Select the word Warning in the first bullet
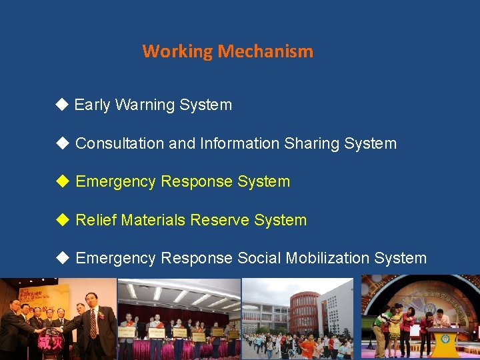click(143, 105)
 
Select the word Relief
click(95, 220)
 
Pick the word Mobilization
click(323, 258)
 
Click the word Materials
click(151, 220)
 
